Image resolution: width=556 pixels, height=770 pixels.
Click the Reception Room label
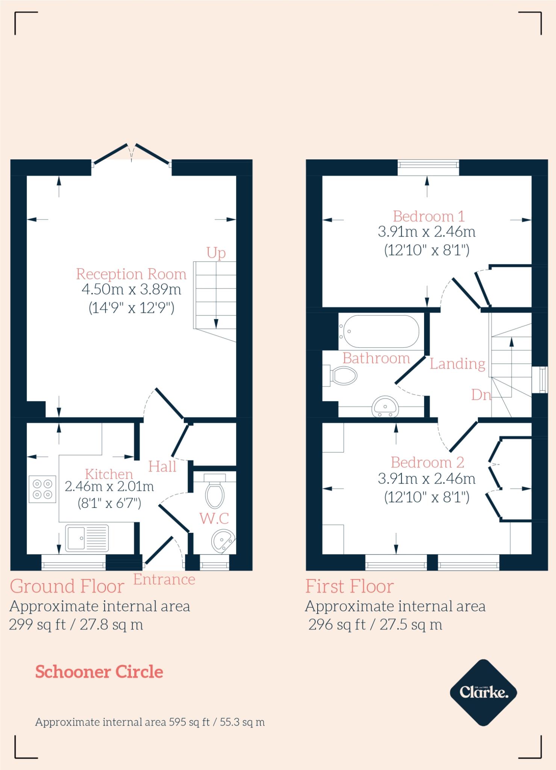[131, 274]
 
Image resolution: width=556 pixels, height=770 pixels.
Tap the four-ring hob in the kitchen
[42, 489]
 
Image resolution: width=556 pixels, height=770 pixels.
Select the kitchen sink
[87, 538]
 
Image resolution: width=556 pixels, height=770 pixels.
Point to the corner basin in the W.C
[223, 541]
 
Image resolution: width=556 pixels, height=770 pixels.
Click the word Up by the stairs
[216, 253]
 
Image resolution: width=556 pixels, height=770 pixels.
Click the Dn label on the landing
[481, 395]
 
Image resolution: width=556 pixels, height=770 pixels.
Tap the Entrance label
[164, 579]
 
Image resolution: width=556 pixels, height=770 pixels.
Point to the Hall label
[162, 467]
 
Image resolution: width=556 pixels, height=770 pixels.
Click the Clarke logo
[483, 692]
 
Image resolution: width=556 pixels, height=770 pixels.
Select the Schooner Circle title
[99, 672]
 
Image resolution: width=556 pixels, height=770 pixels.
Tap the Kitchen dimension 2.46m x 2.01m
[109, 487]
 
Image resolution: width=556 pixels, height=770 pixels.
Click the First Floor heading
[349, 587]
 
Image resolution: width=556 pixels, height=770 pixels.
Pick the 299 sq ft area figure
[37, 624]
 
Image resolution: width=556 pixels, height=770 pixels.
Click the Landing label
[457, 364]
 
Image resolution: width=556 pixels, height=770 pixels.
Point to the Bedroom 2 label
[427, 462]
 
